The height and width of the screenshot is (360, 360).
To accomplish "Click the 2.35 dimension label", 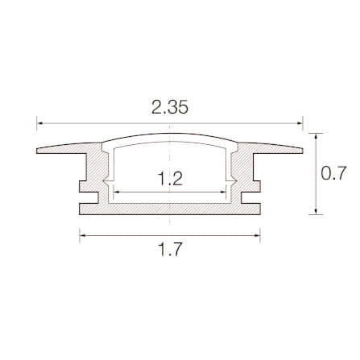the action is click(x=170, y=108).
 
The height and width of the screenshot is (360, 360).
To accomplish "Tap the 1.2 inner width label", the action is click(x=171, y=179).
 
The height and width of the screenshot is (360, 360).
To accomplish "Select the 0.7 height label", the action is click(x=334, y=173).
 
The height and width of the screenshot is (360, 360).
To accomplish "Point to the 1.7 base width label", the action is click(x=170, y=250).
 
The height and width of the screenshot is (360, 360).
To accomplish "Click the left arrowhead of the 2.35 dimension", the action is click(x=39, y=123).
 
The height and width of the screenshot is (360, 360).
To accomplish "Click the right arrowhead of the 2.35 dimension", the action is click(x=300, y=123).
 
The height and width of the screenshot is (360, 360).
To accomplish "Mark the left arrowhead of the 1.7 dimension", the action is click(x=83, y=235).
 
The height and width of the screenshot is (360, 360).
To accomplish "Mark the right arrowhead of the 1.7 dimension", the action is click(x=257, y=235).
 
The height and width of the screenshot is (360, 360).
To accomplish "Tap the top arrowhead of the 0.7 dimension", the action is click(x=316, y=136).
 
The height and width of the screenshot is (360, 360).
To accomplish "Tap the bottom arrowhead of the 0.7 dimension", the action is click(x=316, y=211).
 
